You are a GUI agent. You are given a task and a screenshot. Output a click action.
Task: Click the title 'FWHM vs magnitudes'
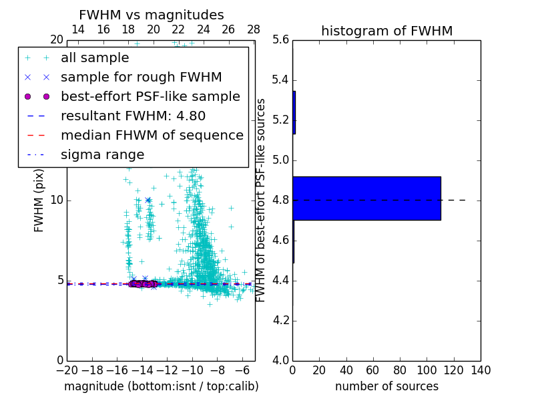[151, 15]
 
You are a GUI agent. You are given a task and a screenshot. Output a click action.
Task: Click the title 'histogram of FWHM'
[386, 31]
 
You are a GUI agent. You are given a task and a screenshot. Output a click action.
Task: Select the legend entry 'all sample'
[95, 58]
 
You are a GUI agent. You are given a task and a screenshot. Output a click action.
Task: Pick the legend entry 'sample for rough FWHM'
[141, 78]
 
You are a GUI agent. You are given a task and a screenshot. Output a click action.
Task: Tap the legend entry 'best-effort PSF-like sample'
[150, 97]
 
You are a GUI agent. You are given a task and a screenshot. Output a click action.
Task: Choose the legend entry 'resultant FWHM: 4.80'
[133, 116]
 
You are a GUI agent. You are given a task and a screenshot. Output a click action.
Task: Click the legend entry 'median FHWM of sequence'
[152, 136]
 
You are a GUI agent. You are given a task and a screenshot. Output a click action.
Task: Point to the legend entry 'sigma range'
[102, 155]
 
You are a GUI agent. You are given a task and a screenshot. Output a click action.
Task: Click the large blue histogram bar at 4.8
[366, 198]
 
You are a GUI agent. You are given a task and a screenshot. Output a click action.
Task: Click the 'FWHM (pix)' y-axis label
[39, 200]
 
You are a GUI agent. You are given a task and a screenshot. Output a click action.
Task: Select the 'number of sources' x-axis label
[386, 386]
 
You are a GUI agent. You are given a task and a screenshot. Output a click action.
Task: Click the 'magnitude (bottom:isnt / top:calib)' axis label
[161, 386]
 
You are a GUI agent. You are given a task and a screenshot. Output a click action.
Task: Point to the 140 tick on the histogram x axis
[481, 370]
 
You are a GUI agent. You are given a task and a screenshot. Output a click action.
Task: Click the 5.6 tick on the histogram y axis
[280, 40]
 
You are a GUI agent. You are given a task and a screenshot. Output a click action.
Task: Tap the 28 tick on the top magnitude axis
[254, 30]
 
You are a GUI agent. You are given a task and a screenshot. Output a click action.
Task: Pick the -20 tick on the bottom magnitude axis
[67, 370]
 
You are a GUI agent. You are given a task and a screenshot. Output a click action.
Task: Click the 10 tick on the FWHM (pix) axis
[57, 200]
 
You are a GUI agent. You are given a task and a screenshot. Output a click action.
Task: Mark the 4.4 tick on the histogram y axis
[280, 280]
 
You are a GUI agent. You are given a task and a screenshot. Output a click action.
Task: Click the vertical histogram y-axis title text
[261, 200]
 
